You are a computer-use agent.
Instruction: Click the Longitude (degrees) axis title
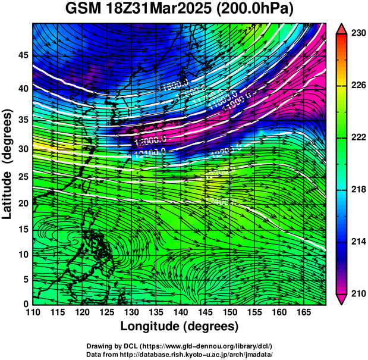pyautogui.click(x=180, y=327)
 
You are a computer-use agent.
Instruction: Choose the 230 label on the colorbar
pyautogui.click(x=358, y=34)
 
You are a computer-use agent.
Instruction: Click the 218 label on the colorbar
pyautogui.click(x=358, y=190)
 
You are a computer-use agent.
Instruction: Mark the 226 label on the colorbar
pyautogui.click(x=358, y=86)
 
